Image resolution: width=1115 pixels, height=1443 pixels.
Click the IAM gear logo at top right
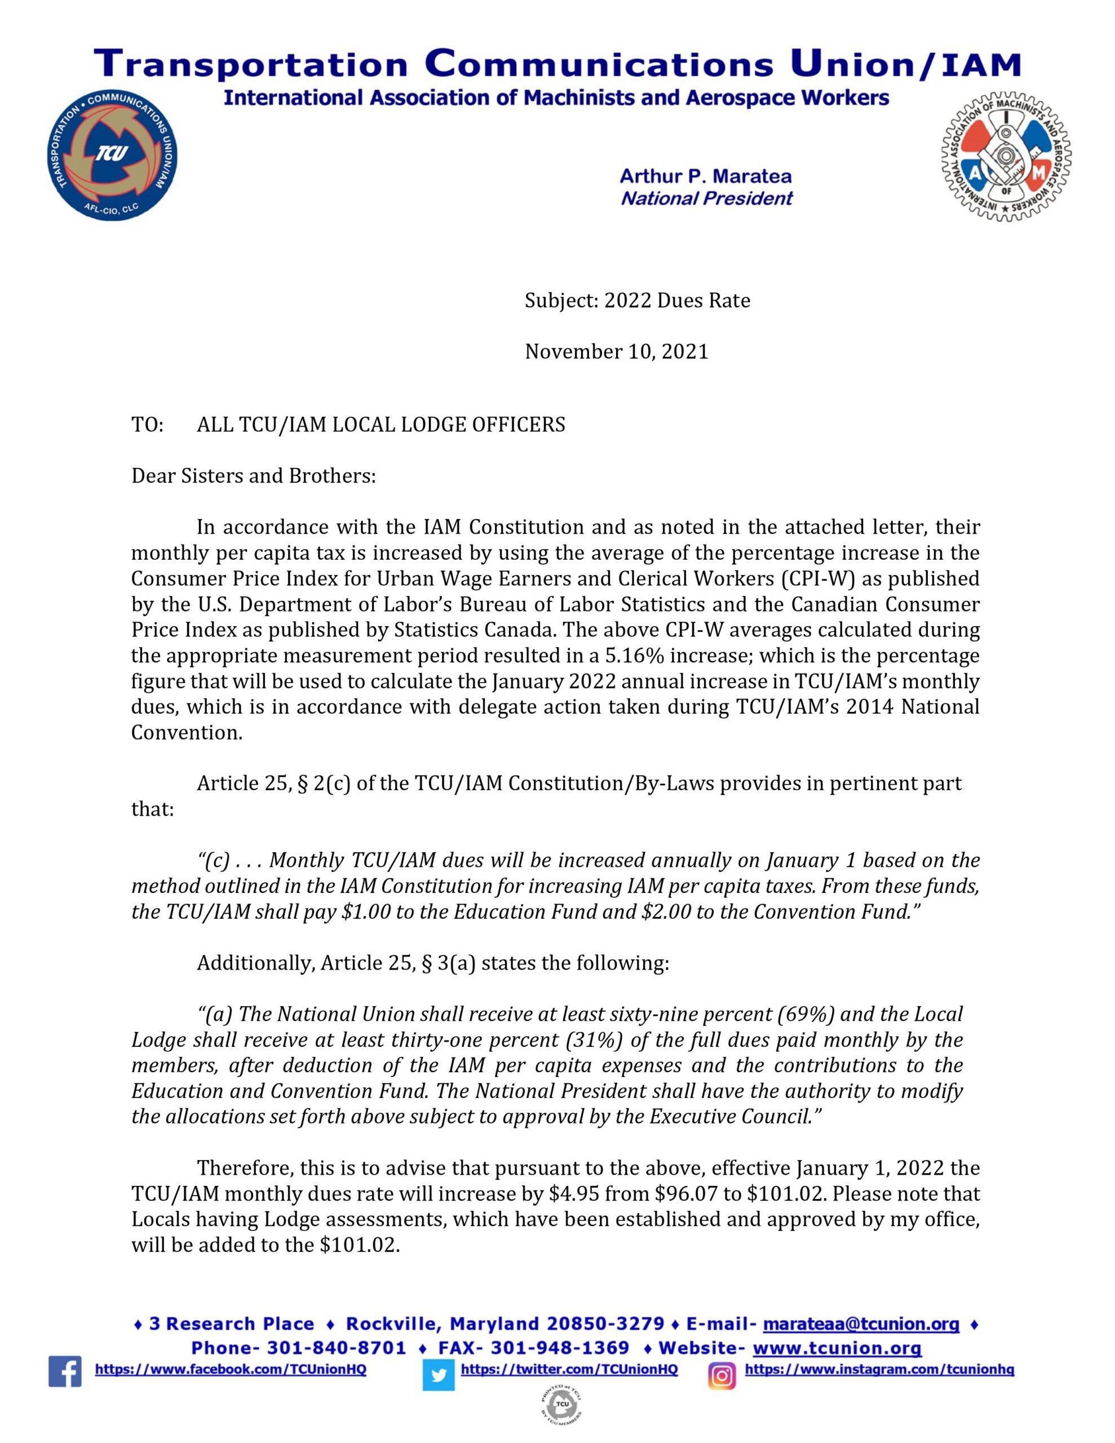click(x=1006, y=157)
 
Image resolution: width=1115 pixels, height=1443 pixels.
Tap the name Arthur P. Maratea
click(x=705, y=176)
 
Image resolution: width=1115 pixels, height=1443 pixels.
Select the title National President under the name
click(x=706, y=198)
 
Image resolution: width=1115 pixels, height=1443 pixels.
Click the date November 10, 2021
click(x=616, y=352)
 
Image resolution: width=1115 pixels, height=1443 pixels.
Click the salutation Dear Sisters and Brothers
click(x=253, y=476)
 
